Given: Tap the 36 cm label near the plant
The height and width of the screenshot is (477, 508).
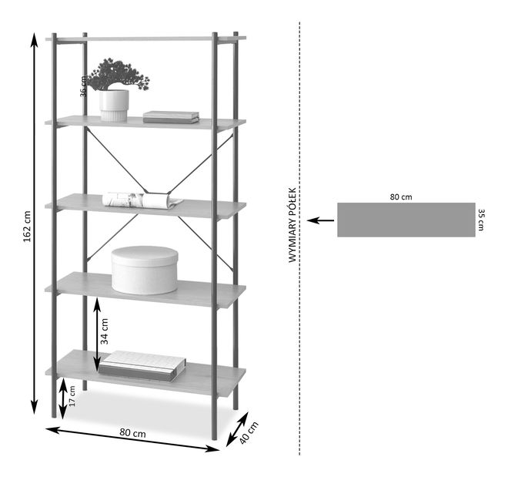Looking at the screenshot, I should (84, 85).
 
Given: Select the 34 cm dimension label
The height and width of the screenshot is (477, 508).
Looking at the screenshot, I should (105, 330).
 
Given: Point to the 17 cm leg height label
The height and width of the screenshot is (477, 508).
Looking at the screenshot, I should (72, 398).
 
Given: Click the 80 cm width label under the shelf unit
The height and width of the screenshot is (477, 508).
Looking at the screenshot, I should (132, 434).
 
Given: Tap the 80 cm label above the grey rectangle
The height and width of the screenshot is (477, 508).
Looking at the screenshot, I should (400, 197).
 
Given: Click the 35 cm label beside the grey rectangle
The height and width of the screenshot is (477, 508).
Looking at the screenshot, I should (481, 219).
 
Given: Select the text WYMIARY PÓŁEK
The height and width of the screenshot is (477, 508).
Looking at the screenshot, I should (292, 226).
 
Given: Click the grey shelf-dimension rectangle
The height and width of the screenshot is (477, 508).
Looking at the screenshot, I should (406, 220).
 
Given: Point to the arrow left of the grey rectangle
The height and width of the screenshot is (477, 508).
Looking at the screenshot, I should (321, 220).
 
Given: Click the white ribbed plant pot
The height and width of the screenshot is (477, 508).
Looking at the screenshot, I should (114, 105).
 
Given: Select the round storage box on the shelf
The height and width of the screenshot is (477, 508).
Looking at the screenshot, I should (144, 269).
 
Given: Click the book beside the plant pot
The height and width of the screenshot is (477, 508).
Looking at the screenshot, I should (171, 117).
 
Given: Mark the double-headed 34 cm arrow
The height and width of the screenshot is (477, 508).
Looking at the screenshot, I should (97, 334).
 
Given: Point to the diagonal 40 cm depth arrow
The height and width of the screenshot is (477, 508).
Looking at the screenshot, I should (237, 430).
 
